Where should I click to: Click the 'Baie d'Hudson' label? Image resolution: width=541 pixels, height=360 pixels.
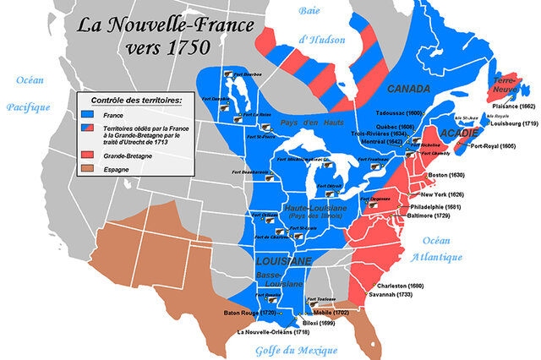tap(316, 25)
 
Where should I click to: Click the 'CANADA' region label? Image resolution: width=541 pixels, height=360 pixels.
tap(409, 88)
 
